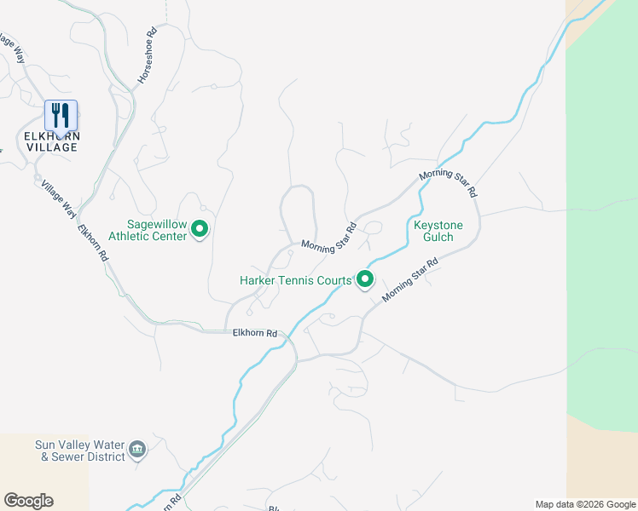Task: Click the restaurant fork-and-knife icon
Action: tap(61, 115)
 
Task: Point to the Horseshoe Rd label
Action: tap(147, 57)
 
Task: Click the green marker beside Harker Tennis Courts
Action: tap(365, 279)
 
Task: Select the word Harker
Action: tap(258, 280)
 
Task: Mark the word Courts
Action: tap(335, 280)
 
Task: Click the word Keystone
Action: tap(438, 225)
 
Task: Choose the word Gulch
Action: tap(438, 237)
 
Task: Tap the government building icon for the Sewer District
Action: tap(137, 449)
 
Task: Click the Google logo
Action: tap(28, 501)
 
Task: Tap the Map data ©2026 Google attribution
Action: tap(586, 504)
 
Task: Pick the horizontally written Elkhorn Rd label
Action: tap(255, 333)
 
